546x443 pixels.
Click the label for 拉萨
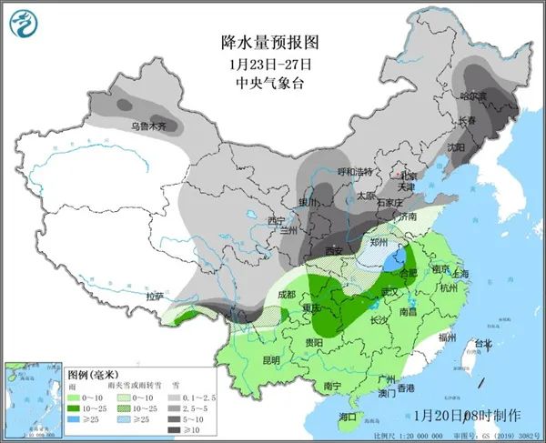[x=156, y=296]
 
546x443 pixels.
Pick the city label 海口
[x=348, y=416]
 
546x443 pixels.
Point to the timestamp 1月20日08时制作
[x=467, y=415]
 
